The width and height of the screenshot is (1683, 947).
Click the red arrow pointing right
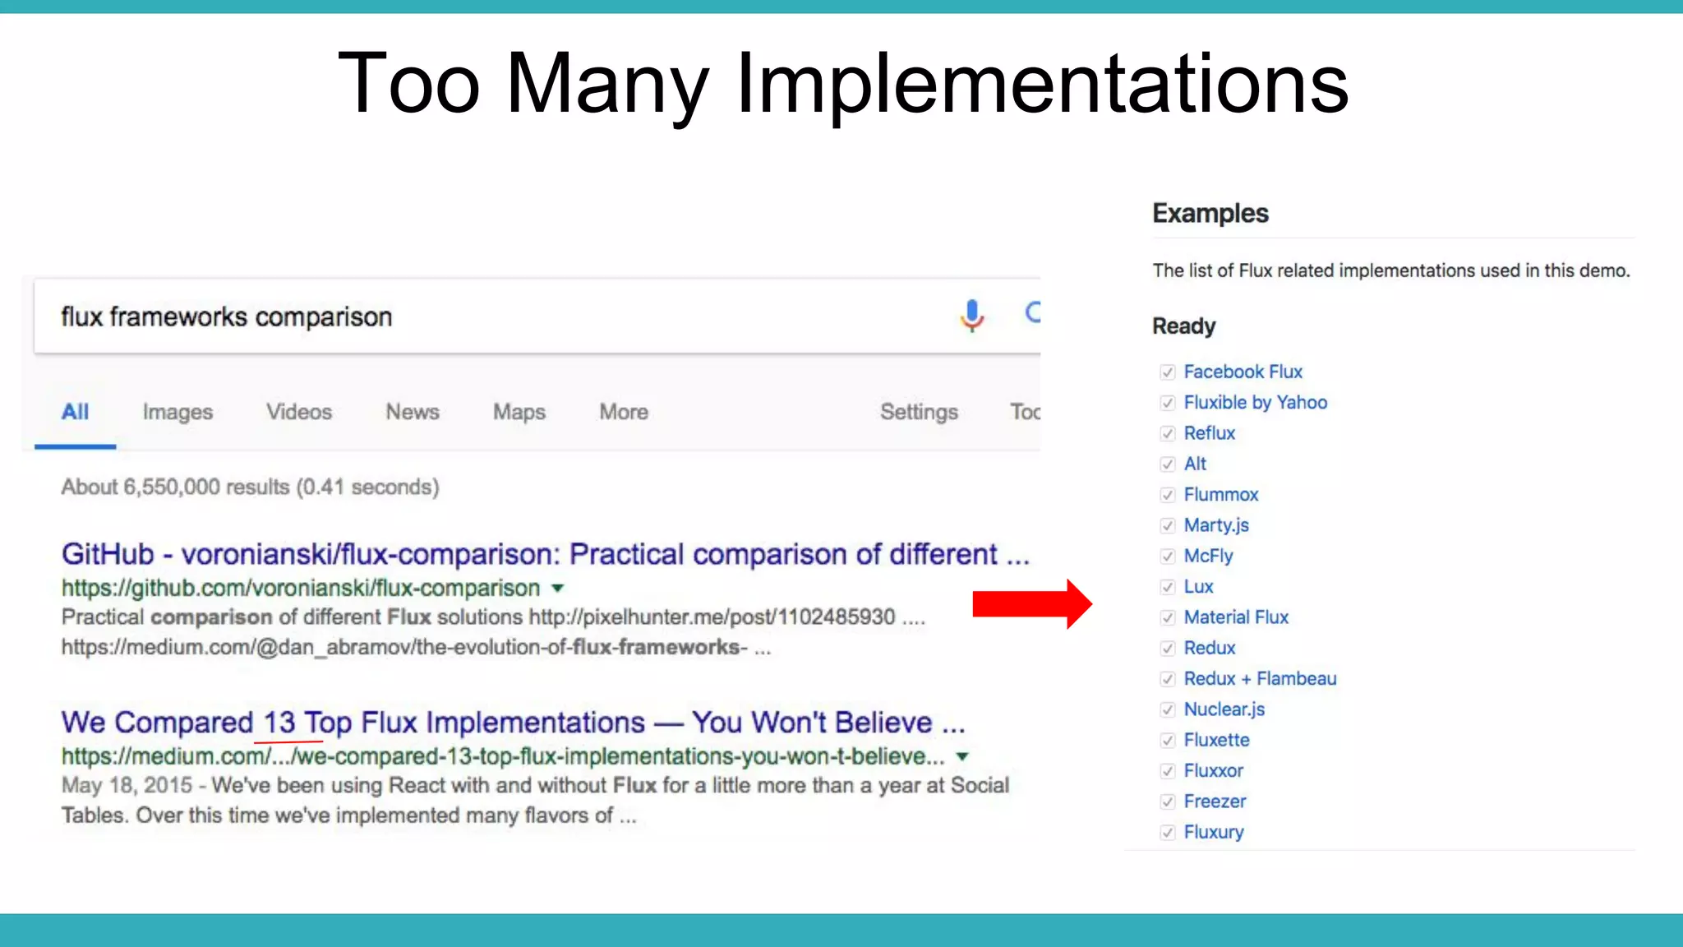click(1032, 604)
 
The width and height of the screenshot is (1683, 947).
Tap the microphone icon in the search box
click(971, 315)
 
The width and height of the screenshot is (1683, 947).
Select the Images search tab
click(178, 412)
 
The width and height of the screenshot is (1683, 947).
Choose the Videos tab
click(299, 412)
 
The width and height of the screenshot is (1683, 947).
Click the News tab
click(413, 412)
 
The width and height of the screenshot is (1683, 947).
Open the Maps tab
click(519, 412)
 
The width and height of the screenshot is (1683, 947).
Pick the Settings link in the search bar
click(919, 412)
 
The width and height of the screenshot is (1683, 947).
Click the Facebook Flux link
click(1243, 372)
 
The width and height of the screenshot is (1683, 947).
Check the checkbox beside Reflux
click(1168, 433)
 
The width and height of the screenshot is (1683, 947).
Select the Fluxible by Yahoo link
click(1255, 402)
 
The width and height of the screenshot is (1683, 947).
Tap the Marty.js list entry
click(1216, 525)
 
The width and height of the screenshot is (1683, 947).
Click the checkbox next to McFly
click(1168, 557)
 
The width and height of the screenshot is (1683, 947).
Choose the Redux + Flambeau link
click(1260, 679)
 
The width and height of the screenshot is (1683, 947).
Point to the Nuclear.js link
click(1224, 709)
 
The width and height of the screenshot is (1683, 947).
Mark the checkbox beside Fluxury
click(1168, 833)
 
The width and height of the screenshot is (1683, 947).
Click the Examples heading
click(1210, 214)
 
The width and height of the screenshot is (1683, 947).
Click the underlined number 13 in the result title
click(279, 723)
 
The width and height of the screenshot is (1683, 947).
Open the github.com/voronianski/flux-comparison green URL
click(301, 589)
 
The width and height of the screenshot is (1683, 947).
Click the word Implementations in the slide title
click(1042, 84)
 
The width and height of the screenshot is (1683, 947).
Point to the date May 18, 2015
click(127, 786)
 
